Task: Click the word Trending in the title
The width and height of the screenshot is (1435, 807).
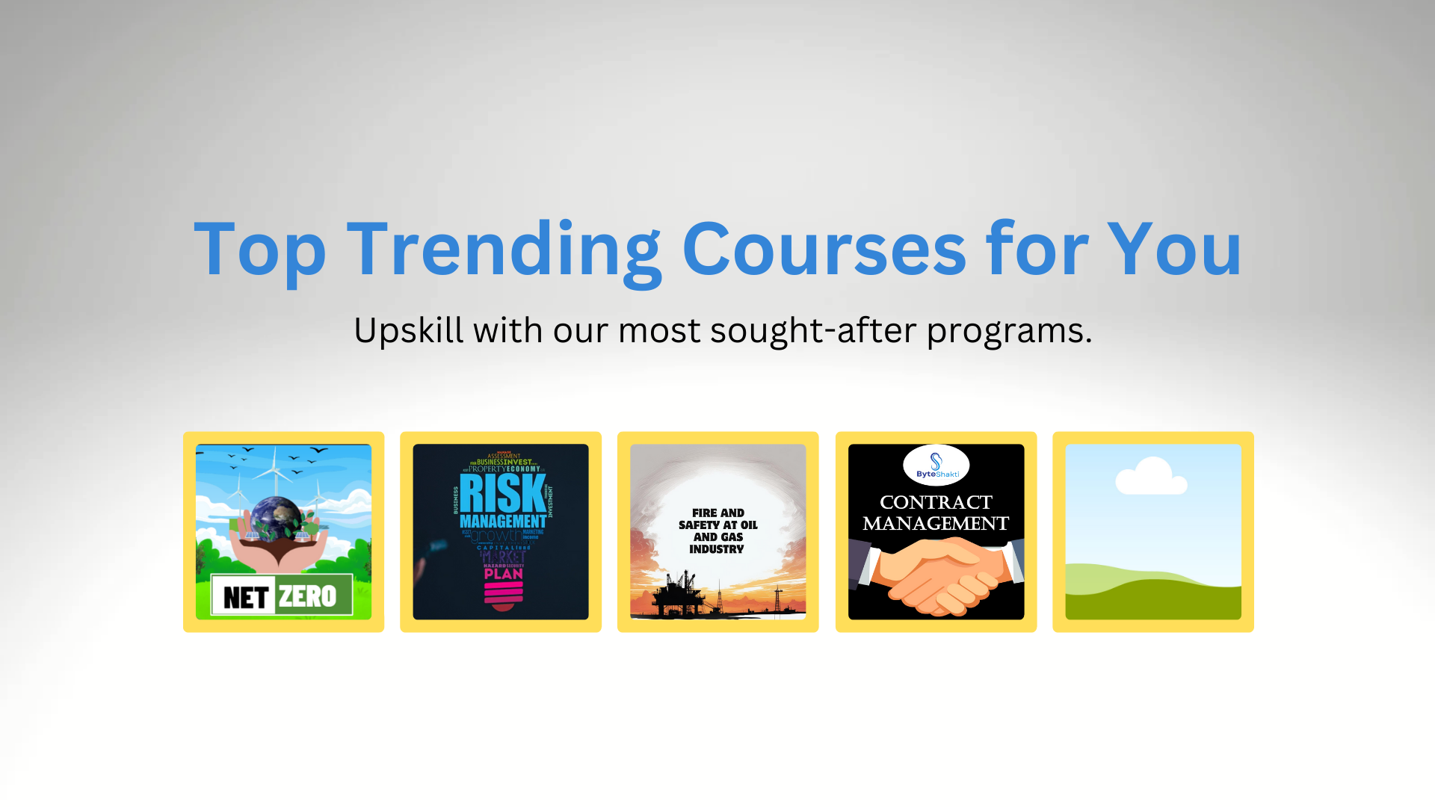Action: click(504, 250)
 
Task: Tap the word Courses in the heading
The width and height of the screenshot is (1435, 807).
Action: click(824, 250)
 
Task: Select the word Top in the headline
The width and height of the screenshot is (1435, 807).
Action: click(259, 250)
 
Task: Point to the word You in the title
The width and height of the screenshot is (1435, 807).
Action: click(1174, 250)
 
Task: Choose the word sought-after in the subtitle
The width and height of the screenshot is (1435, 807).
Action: click(812, 330)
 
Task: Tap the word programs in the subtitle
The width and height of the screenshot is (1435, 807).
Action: click(1009, 330)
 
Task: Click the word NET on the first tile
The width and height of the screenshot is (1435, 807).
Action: click(246, 597)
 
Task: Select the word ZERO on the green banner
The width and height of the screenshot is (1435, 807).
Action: click(307, 596)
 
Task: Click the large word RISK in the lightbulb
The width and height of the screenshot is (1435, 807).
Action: click(502, 493)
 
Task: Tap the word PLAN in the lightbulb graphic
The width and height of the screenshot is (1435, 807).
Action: click(503, 575)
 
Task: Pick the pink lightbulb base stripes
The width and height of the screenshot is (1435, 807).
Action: click(503, 593)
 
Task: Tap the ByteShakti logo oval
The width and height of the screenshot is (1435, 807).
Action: click(936, 465)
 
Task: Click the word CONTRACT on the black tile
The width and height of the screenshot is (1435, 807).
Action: click(936, 502)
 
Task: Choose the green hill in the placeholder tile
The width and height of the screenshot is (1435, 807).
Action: click(1152, 594)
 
